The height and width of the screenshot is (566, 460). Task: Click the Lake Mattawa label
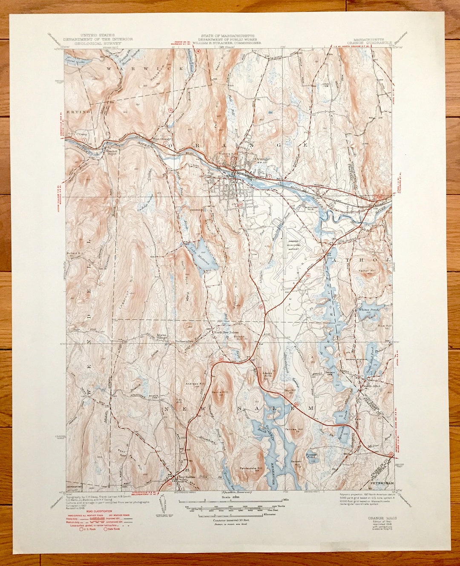point(199,256)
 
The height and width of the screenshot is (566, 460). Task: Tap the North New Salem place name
point(226,333)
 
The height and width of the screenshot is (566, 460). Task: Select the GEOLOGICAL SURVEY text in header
point(98,43)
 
